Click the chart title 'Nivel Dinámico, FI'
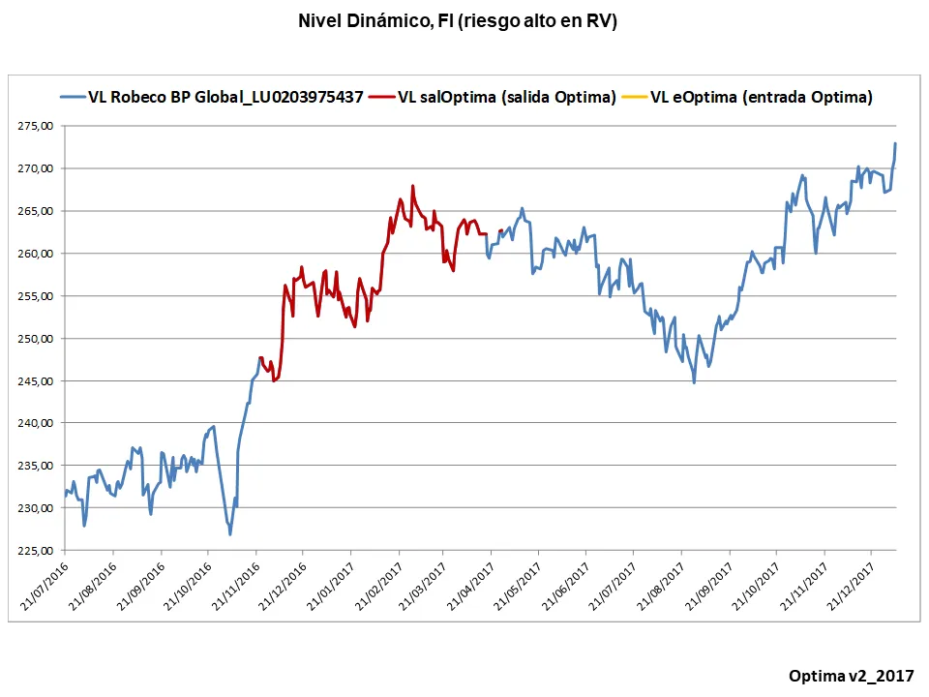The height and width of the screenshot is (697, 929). (x=458, y=21)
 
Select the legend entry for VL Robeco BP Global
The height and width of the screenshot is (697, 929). (x=225, y=97)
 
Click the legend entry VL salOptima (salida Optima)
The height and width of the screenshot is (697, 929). (x=506, y=97)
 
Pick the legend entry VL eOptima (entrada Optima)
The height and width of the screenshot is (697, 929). (x=761, y=97)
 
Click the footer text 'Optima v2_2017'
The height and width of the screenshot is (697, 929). (x=851, y=675)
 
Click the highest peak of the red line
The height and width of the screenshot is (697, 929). (x=412, y=186)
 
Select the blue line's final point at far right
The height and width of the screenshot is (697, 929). (x=895, y=143)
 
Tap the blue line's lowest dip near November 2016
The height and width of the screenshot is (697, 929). (x=230, y=534)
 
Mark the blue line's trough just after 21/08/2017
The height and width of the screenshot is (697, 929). (x=694, y=383)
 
